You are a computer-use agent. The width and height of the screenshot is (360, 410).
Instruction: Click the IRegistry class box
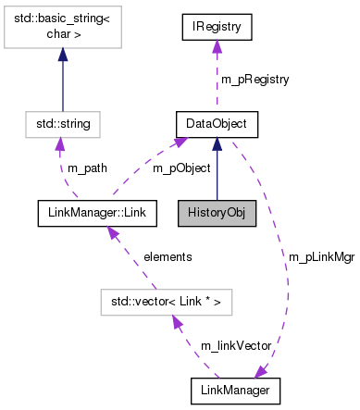coord(217,28)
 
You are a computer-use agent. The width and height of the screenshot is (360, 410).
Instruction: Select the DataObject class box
coord(217,122)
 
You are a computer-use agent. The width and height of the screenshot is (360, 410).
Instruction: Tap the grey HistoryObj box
coord(217,211)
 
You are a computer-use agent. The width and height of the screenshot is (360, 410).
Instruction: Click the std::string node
coord(63,122)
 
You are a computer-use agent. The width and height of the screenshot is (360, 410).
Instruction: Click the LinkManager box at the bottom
coord(235,390)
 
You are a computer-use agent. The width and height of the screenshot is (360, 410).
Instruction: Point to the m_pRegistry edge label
coord(254,80)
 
